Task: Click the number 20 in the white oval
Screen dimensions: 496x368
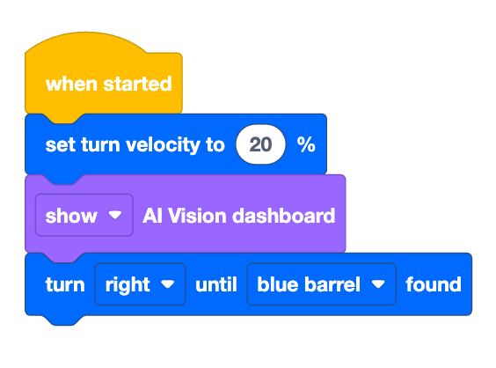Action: (x=260, y=144)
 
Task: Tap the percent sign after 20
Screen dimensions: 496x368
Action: (x=306, y=144)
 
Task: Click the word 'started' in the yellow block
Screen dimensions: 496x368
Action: (x=137, y=84)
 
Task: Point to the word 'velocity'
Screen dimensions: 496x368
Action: (x=163, y=145)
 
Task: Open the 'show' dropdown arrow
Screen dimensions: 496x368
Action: (x=115, y=215)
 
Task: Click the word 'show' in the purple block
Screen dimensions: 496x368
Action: (x=71, y=216)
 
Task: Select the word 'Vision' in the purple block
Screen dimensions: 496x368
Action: (x=197, y=216)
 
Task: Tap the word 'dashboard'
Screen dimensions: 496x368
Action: (x=284, y=216)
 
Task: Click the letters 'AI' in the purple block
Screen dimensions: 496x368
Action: (x=153, y=216)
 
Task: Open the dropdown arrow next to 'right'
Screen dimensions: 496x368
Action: (x=168, y=283)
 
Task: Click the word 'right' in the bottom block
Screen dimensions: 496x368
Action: (x=128, y=285)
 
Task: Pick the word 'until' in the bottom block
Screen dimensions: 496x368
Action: (x=216, y=284)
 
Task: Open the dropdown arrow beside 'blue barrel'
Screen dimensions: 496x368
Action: (x=378, y=283)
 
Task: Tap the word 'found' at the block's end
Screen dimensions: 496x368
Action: (x=434, y=284)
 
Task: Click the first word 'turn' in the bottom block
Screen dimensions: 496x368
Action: (x=65, y=284)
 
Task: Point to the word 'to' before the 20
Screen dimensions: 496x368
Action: (x=215, y=145)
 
